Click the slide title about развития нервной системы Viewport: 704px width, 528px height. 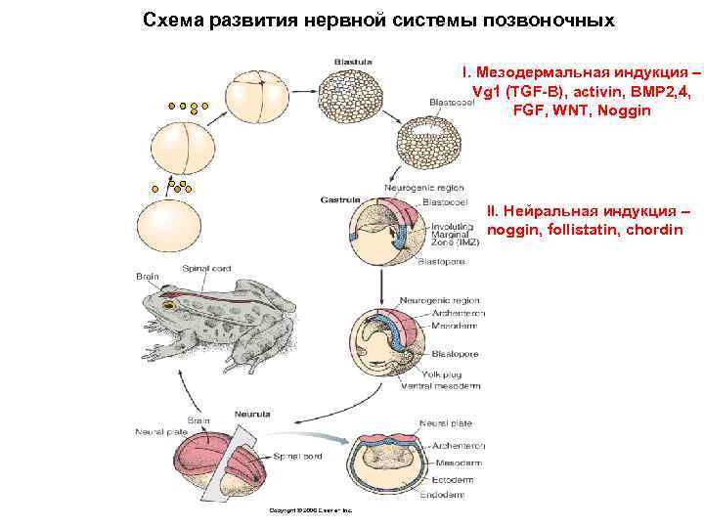coord(378,20)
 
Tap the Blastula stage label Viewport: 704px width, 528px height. coord(352,61)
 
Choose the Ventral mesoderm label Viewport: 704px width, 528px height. coord(441,386)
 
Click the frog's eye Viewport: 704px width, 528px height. coord(167,306)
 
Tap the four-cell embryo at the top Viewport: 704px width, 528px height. coord(260,91)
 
